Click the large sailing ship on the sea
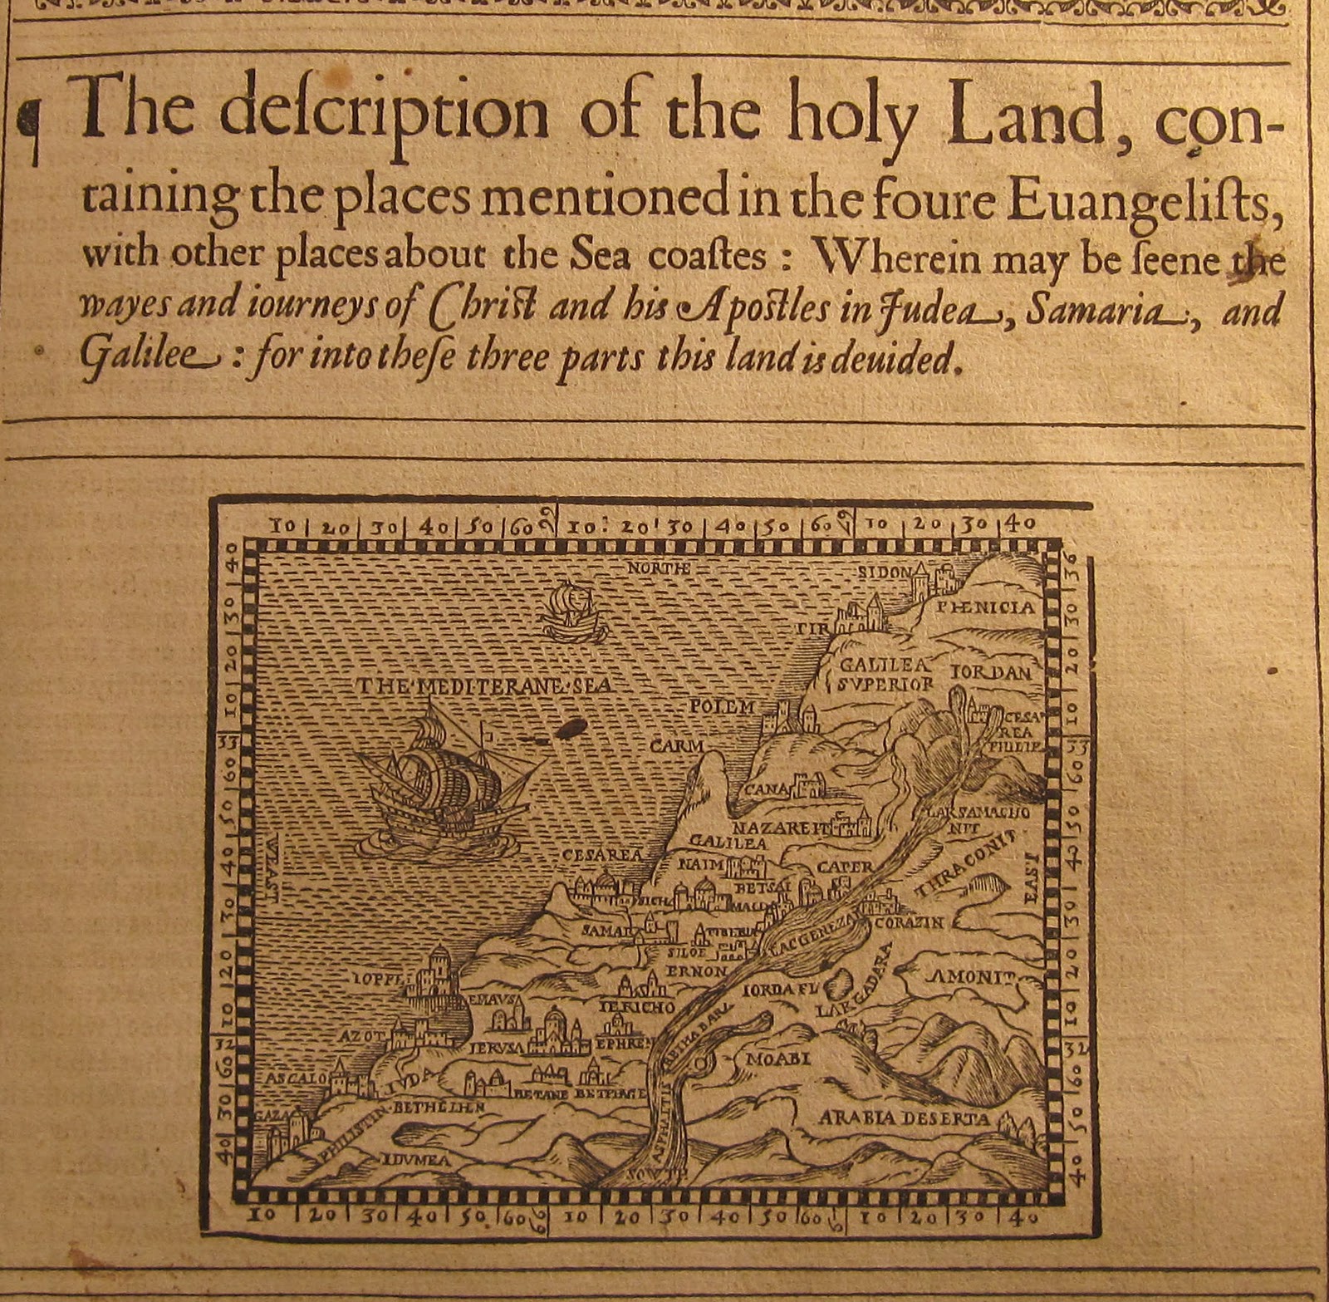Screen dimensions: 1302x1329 [x=440, y=781]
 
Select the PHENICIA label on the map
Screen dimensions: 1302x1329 [x=985, y=608]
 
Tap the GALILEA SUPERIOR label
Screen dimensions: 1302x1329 [x=884, y=675]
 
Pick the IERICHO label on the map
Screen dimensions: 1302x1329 [x=637, y=1007]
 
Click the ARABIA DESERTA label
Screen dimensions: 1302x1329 [x=904, y=1118]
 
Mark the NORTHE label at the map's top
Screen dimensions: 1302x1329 [x=658, y=568]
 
